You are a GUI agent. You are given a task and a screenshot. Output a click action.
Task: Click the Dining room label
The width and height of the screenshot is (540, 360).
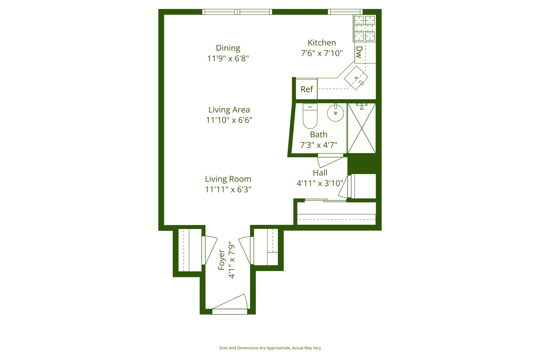click(228, 48)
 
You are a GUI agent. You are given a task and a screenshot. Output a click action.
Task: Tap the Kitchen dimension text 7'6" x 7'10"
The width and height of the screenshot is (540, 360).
click(322, 53)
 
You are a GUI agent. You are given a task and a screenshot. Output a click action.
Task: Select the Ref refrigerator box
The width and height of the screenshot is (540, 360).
click(306, 89)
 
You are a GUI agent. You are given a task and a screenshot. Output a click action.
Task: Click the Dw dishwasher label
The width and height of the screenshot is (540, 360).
click(359, 52)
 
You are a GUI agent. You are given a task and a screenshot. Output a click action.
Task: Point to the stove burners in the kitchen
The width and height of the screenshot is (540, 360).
click(364, 28)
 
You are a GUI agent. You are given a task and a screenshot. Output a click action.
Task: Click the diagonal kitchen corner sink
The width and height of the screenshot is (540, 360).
click(356, 78)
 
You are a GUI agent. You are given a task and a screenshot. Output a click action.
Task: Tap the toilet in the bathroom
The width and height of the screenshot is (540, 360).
click(310, 116)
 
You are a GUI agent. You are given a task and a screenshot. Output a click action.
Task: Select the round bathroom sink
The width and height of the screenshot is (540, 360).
click(335, 113)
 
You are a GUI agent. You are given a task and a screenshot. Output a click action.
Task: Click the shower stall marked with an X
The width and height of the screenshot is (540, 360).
click(362, 128)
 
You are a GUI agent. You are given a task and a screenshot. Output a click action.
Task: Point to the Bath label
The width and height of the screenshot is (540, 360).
click(319, 134)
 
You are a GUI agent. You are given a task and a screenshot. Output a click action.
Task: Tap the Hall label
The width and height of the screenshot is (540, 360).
click(320, 173)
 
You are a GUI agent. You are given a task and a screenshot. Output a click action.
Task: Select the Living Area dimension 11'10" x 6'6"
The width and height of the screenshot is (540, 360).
click(229, 120)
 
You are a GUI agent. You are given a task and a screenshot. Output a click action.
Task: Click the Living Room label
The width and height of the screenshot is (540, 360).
click(228, 179)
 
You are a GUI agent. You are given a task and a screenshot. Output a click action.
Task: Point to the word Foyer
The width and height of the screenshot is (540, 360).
click(222, 260)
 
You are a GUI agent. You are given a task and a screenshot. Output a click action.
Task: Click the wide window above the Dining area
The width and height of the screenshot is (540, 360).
click(237, 12)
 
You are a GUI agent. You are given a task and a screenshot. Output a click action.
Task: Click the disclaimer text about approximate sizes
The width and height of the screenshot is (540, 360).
click(270, 348)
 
